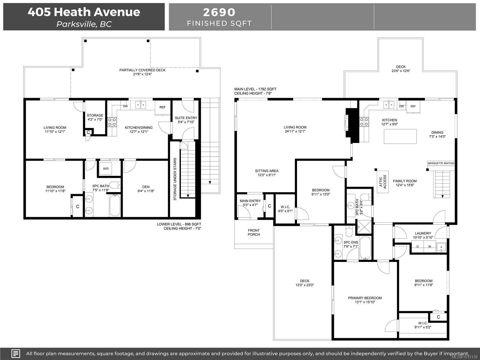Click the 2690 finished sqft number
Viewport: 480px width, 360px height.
coord(219,12)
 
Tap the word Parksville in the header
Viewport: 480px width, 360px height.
coord(76,24)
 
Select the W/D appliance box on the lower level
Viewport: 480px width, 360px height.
coord(106,169)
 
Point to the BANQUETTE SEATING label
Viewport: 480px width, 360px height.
coord(441,163)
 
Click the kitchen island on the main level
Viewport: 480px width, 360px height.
coord(400,136)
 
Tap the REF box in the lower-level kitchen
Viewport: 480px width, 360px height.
coord(163,107)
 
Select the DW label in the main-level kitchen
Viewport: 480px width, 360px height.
coord(401,106)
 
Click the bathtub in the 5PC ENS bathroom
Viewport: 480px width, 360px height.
coord(365,248)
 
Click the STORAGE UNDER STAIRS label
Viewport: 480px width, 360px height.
coord(175,179)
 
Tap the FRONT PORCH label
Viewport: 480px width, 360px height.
coord(254,232)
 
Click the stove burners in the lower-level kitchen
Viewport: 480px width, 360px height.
coord(112,122)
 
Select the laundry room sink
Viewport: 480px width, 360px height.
coord(441,247)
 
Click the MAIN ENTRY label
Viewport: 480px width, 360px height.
coord(250,201)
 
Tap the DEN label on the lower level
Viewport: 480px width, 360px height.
coord(146,187)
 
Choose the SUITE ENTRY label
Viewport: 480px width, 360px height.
coord(186,118)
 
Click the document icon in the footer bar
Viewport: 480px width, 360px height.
coord(16,353)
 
